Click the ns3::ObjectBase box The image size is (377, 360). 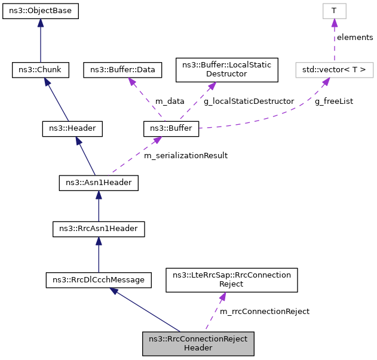click(x=40, y=11)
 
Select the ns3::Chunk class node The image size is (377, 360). click(x=40, y=70)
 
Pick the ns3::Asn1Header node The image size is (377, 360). click(x=99, y=182)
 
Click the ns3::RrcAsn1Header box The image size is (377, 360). click(x=99, y=228)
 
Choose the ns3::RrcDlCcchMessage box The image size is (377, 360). click(x=99, y=279)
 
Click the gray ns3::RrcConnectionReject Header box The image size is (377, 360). click(x=198, y=343)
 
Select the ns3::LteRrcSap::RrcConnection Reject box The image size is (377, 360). click(x=231, y=279)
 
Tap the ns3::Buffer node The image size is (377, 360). click(x=171, y=128)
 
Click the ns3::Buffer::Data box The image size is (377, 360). click(x=122, y=70)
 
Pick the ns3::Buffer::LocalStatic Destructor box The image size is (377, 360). click(x=226, y=70)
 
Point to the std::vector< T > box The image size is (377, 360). click(x=334, y=70)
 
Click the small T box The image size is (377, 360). click(x=334, y=11)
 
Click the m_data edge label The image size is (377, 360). click(x=170, y=101)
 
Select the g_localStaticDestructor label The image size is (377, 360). click(x=249, y=101)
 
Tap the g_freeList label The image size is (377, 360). click(x=333, y=101)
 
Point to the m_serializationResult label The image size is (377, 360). click(x=186, y=156)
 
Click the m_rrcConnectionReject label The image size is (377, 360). click(x=265, y=312)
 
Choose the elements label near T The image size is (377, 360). click(x=354, y=38)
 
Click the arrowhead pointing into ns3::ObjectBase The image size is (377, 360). click(x=40, y=23)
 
